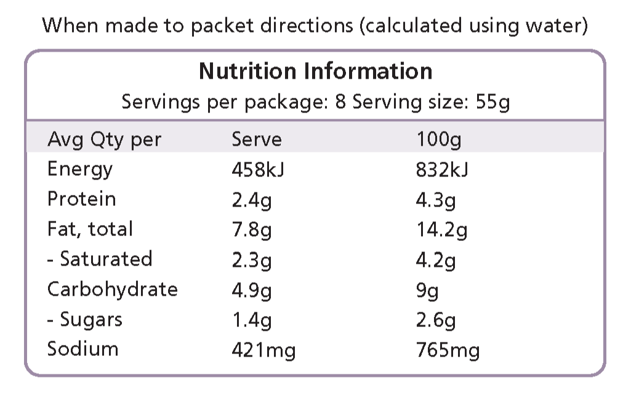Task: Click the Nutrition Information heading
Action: click(315, 71)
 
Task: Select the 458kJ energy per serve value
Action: click(258, 169)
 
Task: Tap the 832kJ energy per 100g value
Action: click(442, 169)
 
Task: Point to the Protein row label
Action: click(81, 199)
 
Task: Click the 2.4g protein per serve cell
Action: click(251, 199)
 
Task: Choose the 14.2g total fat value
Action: click(441, 229)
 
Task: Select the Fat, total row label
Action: click(90, 229)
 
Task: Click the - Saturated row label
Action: click(100, 259)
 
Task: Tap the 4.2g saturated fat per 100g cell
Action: click(436, 259)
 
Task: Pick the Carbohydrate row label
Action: click(112, 289)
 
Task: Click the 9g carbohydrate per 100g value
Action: click(427, 290)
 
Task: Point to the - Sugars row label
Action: click(85, 320)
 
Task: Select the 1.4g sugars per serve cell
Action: click(251, 320)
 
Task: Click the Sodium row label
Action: click(82, 349)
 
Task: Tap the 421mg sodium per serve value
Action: click(263, 350)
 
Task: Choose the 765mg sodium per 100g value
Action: click(448, 350)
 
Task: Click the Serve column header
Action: click(256, 140)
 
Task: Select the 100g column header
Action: click(438, 140)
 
